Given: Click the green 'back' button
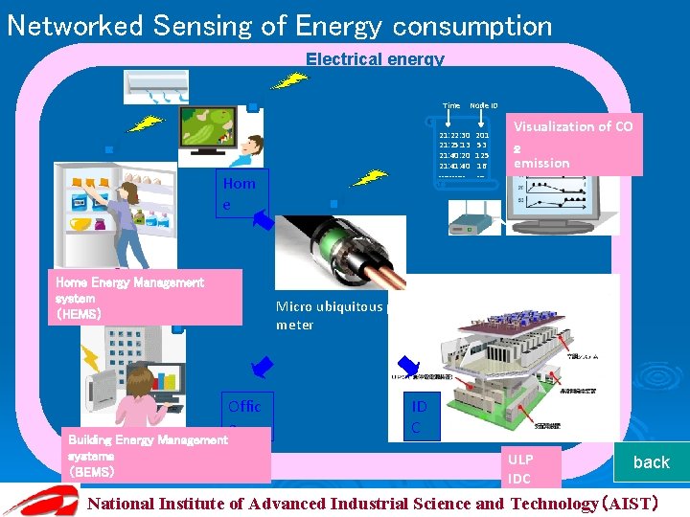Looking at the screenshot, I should (x=651, y=461).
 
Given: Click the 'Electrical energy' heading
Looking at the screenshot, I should (x=375, y=59).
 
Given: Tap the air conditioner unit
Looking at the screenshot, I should (x=169, y=86).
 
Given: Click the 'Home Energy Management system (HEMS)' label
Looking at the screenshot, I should (x=144, y=297).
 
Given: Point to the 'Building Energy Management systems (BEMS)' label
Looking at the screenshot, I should (x=166, y=456).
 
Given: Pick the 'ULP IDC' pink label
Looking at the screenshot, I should (x=533, y=468).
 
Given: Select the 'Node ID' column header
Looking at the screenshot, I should (x=483, y=105).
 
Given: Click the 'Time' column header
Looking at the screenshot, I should (x=450, y=105).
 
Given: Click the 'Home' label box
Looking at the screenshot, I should (x=239, y=193).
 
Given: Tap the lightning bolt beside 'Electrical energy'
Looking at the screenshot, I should (x=288, y=79).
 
